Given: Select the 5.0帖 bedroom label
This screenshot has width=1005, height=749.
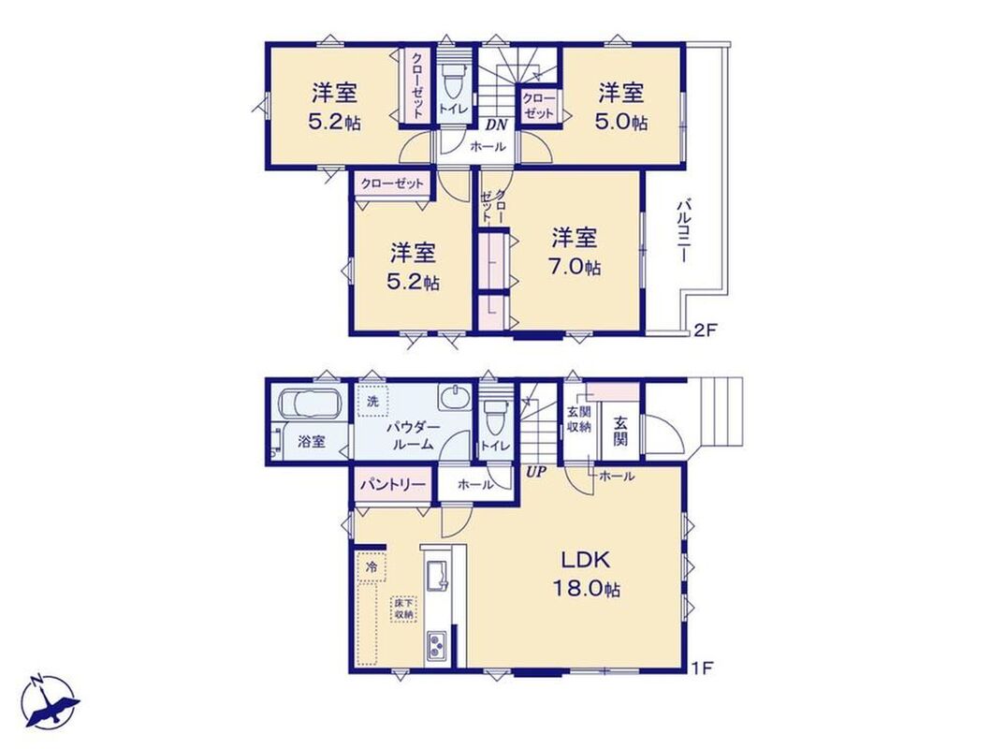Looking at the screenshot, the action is tap(621, 107).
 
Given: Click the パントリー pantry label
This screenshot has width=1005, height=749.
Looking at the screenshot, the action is tap(393, 484).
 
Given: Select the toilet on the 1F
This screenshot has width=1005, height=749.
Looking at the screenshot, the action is tap(495, 417).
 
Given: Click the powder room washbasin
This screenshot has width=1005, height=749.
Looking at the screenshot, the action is tap(455, 397).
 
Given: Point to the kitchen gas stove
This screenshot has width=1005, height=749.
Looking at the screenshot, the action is tap(437, 646).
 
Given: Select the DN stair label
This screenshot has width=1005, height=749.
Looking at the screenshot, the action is tap(494, 124).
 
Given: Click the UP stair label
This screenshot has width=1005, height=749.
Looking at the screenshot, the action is tap(536, 473).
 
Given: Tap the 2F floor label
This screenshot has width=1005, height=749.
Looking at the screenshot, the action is tap(705, 330).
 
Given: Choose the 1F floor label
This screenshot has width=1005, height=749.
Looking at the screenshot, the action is tap(703, 668).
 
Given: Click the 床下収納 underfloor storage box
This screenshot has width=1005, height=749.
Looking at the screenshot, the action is tap(404, 609).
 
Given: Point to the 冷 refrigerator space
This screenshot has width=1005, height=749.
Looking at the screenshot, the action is tap(371, 566).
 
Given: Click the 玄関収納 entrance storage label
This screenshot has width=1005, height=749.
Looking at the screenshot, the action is tap(578, 419).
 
